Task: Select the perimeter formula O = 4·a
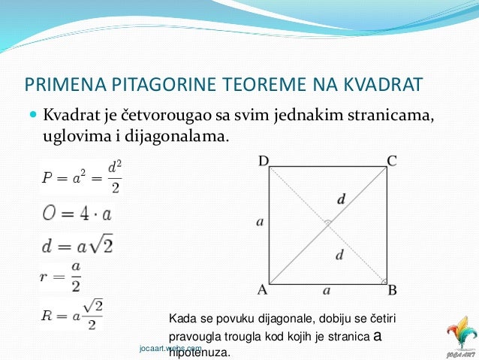[77, 213]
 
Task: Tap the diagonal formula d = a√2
[77, 245]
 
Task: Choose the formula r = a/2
[61, 277]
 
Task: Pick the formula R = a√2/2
[71, 313]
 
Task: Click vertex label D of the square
[264, 160]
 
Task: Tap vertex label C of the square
[391, 160]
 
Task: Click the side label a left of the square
[260, 222]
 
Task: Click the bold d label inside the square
[342, 200]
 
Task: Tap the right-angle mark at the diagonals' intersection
[327, 223]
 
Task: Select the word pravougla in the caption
[198, 337]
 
